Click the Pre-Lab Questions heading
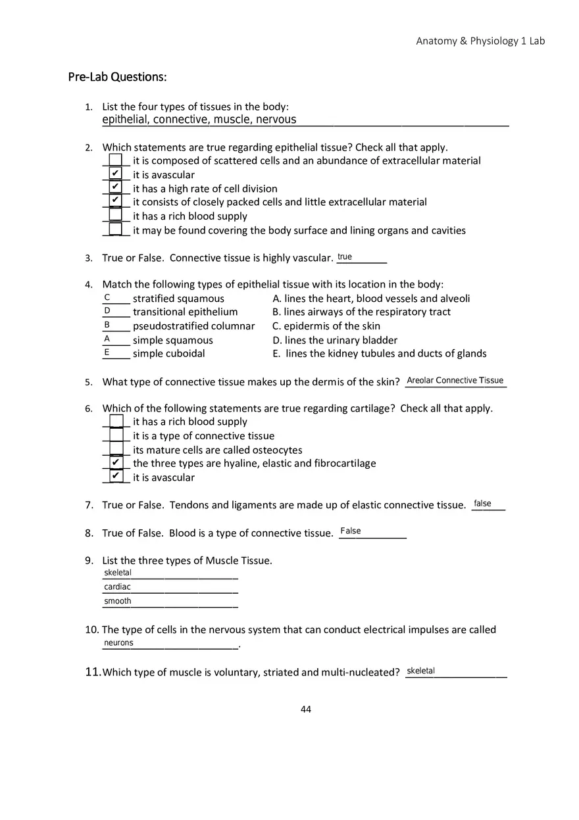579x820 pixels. [x=117, y=77]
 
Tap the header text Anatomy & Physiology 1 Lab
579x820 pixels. [x=480, y=41]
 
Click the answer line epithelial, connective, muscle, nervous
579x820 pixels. [x=199, y=120]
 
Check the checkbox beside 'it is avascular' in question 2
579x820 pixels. [x=115, y=174]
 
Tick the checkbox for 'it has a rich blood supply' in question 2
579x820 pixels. [x=115, y=215]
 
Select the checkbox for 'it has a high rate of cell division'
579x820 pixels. [x=115, y=187]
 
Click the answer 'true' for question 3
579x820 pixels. [x=345, y=257]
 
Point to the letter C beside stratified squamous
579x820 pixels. [x=107, y=298]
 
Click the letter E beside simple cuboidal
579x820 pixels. [x=107, y=352]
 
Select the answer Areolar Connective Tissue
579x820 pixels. [x=455, y=381]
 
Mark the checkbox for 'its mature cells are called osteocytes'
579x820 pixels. [x=116, y=449]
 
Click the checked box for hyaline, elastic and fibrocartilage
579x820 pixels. [x=115, y=462]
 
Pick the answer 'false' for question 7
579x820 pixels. [x=482, y=504]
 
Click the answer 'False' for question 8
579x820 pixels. [x=351, y=531]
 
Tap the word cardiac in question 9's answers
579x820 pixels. [x=117, y=587]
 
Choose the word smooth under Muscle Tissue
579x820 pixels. [x=117, y=601]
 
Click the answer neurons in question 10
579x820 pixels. [x=118, y=643]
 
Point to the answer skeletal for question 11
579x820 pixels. [x=420, y=671]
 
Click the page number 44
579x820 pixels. [x=306, y=709]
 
